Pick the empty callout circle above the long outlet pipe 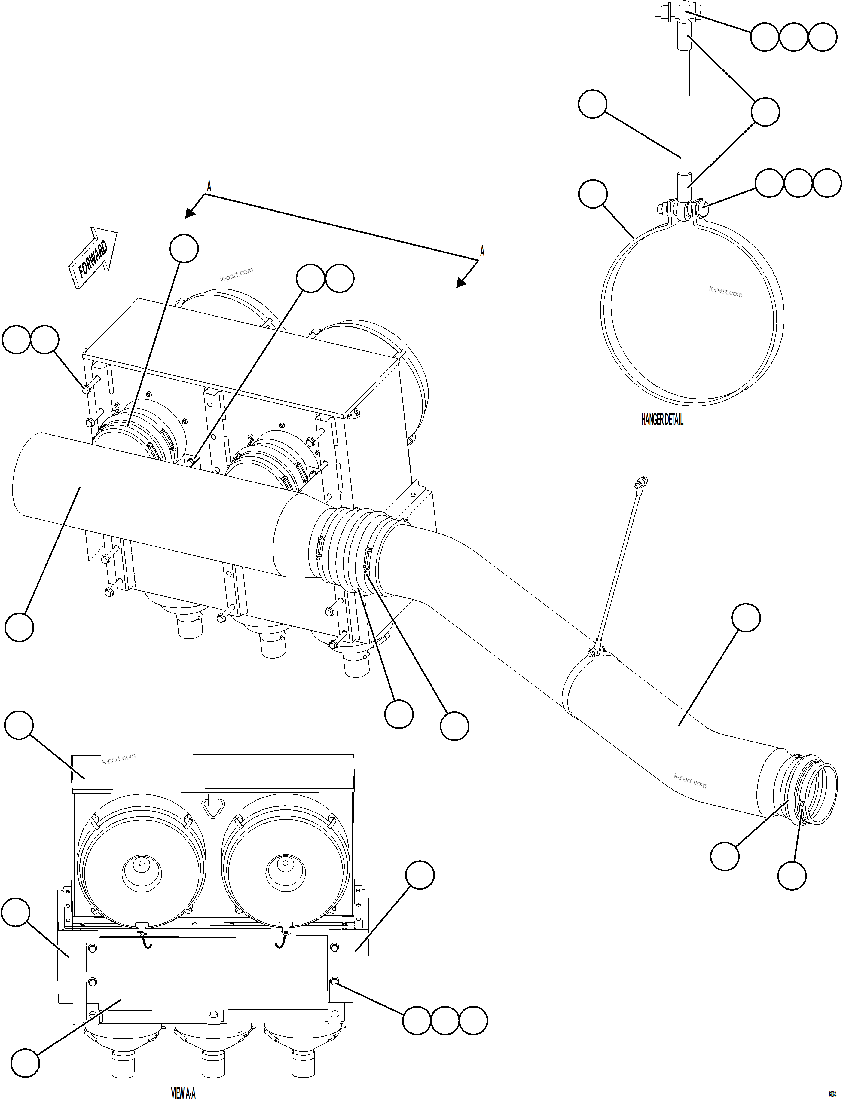tap(746, 617)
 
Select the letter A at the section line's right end tap(482, 251)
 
